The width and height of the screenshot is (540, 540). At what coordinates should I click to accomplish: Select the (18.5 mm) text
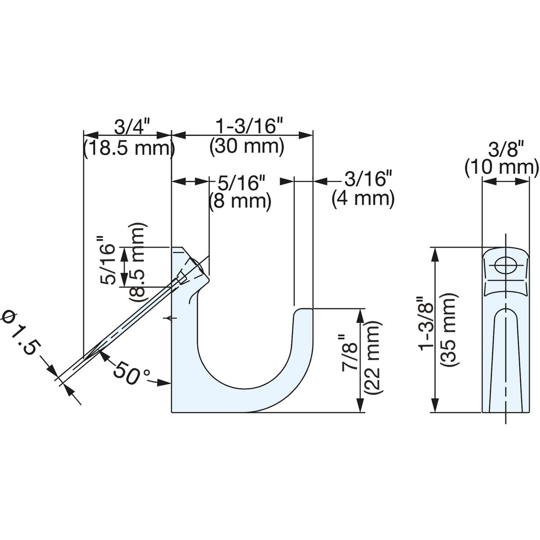pos(129,148)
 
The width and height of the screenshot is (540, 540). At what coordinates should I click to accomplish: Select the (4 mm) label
pos(363,198)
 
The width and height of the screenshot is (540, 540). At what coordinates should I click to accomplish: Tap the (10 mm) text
pos(502,168)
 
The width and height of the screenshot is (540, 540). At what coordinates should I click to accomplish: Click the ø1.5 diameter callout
pos(20,334)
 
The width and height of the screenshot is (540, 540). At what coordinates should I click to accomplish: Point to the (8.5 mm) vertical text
pos(137,262)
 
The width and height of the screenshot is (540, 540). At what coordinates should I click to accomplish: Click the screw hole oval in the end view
pos(506,265)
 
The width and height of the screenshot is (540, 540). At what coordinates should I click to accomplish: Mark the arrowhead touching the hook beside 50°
pos(164,383)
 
